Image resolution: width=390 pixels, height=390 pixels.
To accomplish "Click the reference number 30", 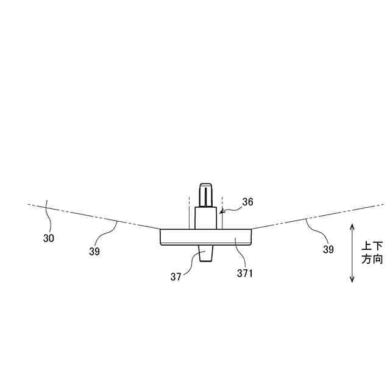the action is tap(48, 238).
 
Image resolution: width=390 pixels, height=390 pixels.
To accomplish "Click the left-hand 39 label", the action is tap(94, 250).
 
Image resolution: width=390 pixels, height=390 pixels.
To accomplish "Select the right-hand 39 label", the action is tap(328, 249).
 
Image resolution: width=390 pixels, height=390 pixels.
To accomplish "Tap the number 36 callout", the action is tap(247, 202).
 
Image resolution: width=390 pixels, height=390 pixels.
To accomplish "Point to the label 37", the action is tap(177, 277).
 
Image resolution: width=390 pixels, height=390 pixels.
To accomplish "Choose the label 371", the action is tap(245, 274).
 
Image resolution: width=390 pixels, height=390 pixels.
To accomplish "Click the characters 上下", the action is tap(372, 246).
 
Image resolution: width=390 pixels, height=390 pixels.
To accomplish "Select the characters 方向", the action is tap(372, 259).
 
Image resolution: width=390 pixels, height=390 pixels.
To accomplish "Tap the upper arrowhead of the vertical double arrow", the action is tap(352, 225).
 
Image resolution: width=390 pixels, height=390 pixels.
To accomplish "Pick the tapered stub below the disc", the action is tap(205, 254).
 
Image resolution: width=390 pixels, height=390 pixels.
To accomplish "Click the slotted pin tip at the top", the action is tap(205, 194).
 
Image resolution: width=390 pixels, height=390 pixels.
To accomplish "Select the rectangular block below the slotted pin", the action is tap(205, 218).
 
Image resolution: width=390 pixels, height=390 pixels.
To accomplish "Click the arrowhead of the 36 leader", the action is tap(221, 213).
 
